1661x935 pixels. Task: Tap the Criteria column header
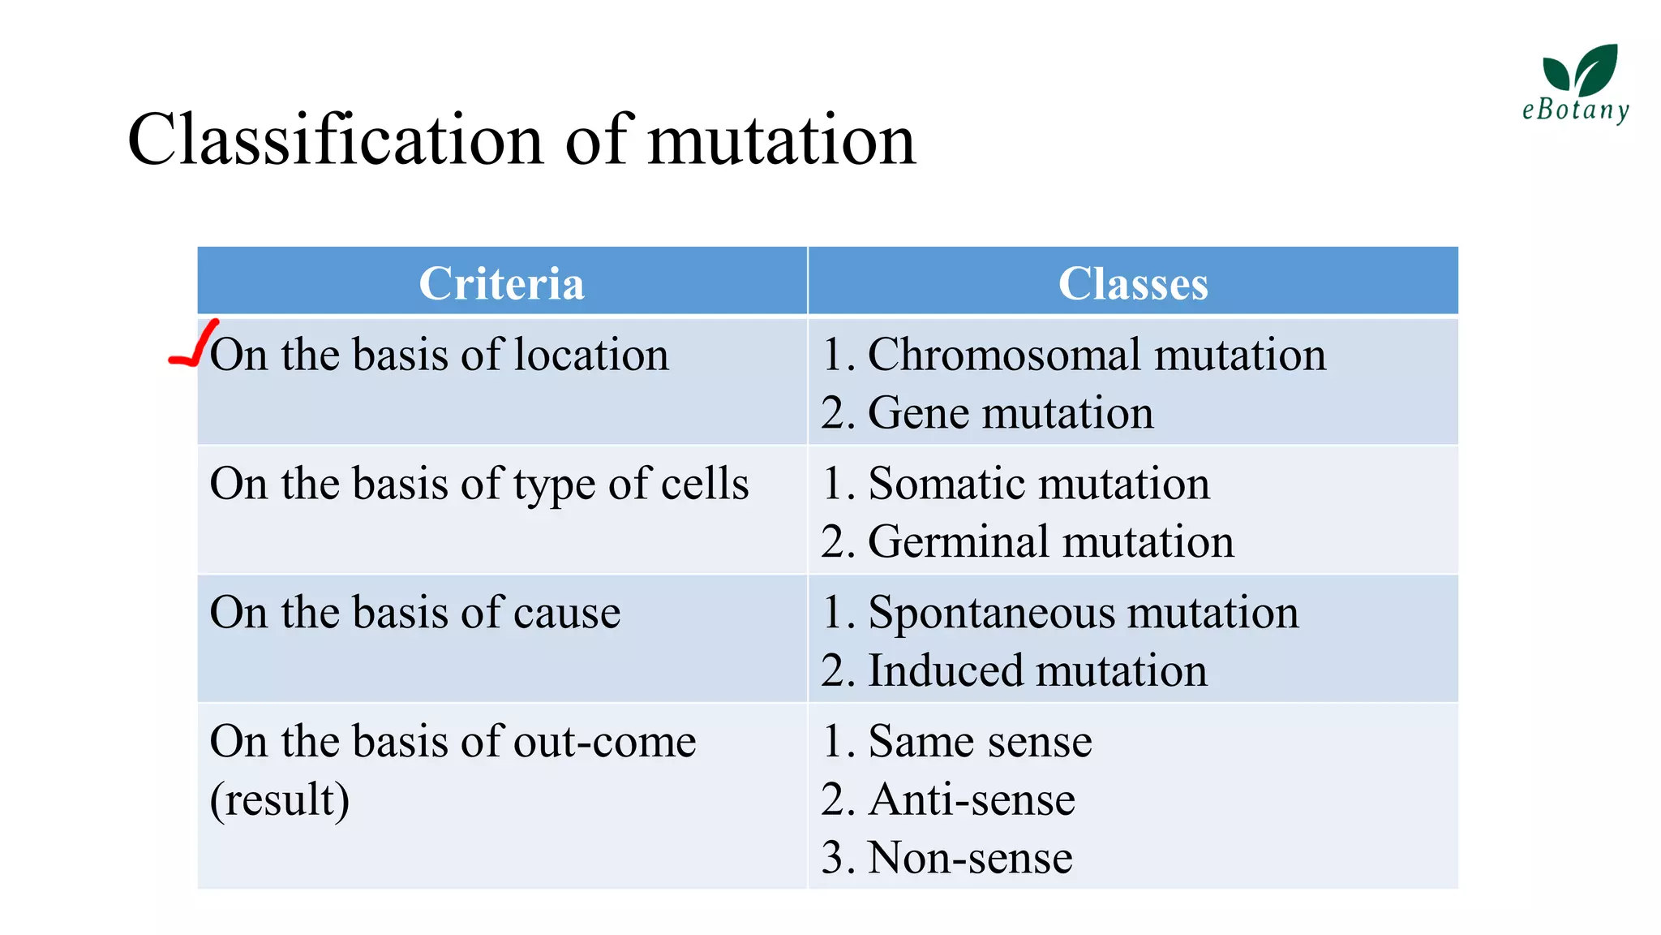501,283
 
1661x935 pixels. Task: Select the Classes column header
1132,283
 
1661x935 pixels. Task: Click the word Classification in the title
335,140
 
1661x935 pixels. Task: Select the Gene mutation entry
1011,412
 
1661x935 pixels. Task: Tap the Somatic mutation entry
1038,484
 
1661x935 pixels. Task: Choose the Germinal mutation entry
1051,541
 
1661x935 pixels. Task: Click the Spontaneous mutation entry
1083,612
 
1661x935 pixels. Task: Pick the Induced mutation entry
1037,670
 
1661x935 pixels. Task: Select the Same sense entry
980,741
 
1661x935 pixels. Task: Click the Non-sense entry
970,858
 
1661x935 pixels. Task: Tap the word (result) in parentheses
280,799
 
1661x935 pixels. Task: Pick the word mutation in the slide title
782,140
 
